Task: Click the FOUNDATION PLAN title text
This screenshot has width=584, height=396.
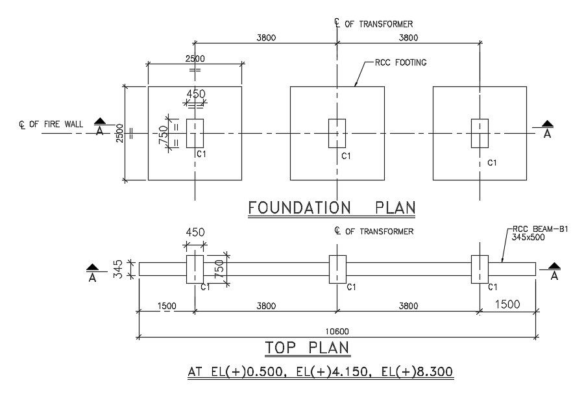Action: [x=332, y=208]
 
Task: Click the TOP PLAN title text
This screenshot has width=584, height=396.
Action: [x=308, y=348]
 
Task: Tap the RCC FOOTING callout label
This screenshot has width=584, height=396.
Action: [x=400, y=63]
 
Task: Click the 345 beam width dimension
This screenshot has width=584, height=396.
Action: [x=118, y=268]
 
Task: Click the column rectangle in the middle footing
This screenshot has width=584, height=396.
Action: [x=337, y=133]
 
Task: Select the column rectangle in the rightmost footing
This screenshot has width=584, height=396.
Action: [x=480, y=133]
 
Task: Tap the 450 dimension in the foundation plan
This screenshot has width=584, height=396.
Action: [x=196, y=94]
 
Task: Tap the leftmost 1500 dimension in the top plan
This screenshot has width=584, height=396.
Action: [x=167, y=306]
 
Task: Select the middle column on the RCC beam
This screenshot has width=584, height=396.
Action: [x=337, y=269]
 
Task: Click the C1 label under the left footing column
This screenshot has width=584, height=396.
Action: [x=201, y=155]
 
